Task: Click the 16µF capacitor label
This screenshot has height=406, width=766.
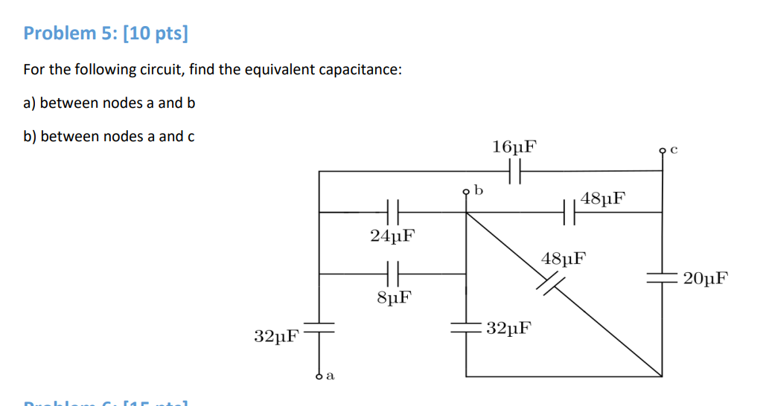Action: click(514, 146)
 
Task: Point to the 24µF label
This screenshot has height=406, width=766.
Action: click(392, 236)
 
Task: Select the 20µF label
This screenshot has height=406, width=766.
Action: click(704, 280)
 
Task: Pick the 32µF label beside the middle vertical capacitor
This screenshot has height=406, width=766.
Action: click(508, 328)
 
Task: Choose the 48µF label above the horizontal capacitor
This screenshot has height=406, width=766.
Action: click(603, 199)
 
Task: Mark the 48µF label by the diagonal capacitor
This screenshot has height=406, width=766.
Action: click(564, 259)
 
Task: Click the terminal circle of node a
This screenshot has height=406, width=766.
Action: click(319, 376)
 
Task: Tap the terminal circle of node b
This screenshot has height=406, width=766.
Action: click(467, 192)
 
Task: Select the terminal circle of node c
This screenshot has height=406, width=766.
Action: click(663, 150)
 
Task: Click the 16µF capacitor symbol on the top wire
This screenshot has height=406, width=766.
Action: click(514, 173)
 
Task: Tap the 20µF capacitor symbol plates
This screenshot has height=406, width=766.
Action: click(662, 279)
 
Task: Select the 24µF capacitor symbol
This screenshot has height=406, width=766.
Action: click(394, 212)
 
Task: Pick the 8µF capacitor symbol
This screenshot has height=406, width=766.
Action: click(394, 273)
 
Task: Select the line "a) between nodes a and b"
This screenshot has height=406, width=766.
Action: click(109, 103)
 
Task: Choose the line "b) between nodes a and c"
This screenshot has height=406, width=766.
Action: click(109, 136)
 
